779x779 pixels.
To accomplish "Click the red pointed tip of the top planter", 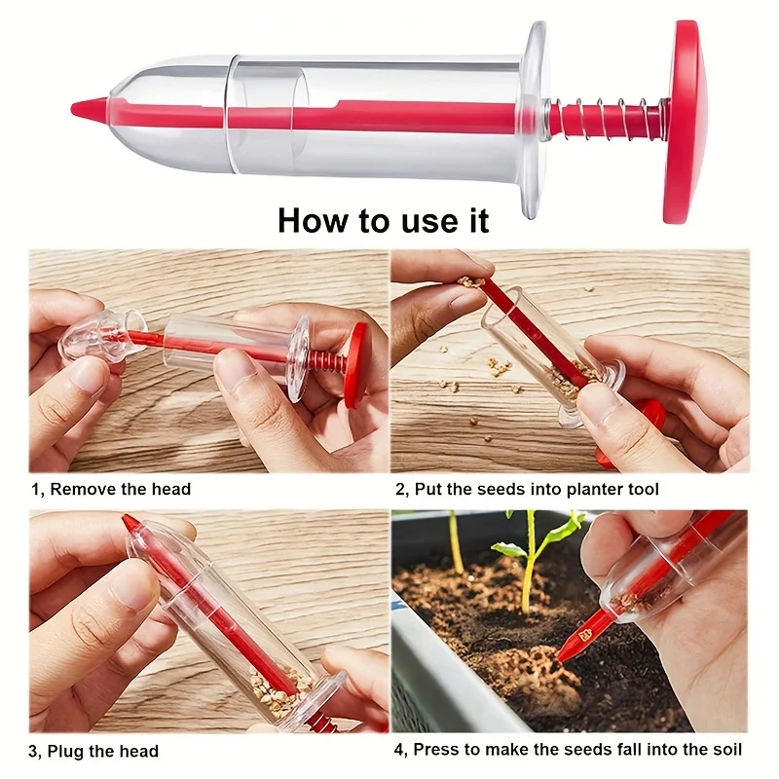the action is point(90,108).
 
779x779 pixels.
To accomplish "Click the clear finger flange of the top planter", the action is point(535,120).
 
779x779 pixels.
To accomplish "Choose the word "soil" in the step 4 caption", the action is point(725,749).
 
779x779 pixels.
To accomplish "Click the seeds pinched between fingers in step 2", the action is point(470,282).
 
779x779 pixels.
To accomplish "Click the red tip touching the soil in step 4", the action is point(573,646).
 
